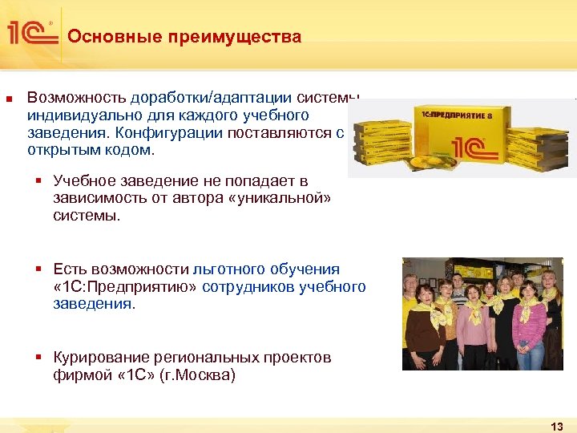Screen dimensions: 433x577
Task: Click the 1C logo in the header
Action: [32, 33]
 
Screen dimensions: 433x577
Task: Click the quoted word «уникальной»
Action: [273, 199]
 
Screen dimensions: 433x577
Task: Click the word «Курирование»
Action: [102, 358]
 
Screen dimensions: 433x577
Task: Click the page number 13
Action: [557, 426]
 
